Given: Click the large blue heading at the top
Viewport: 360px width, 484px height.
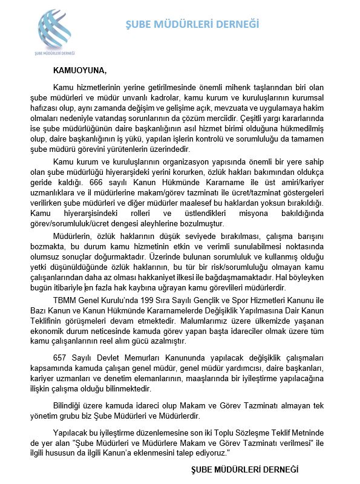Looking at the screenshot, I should click(x=192, y=24).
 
